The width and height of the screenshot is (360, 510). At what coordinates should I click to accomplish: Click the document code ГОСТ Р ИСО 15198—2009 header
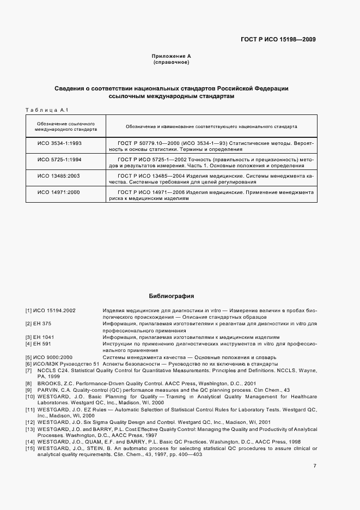coord(278,39)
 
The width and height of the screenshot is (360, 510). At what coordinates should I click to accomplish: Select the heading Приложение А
coord(171,56)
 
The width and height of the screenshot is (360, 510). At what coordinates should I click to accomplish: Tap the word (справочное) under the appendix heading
coord(171,63)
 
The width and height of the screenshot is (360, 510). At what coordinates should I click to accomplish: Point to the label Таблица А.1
coord(46,111)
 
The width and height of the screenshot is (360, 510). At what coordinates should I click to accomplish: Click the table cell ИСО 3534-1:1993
coord(59,143)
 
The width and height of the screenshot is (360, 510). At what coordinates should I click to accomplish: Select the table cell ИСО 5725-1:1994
coord(59,159)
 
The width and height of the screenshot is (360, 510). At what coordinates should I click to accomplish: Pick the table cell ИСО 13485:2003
coord(59,176)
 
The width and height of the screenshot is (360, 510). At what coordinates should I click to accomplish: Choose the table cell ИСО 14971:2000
coord(59,192)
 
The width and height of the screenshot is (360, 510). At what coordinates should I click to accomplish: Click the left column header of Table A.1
coord(66,127)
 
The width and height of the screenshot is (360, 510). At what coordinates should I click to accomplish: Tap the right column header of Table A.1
coord(211,126)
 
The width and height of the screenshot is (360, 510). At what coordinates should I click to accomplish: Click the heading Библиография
coord(171,296)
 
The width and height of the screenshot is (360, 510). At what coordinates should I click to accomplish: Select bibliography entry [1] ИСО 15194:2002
coord(50,310)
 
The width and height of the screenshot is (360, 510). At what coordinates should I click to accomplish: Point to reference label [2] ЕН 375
coord(40,324)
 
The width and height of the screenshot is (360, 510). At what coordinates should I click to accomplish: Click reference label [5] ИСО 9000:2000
coord(48,357)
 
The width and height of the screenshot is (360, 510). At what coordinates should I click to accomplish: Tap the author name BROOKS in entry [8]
coord(51,384)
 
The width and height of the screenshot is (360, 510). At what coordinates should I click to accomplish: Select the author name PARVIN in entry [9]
coord(48,390)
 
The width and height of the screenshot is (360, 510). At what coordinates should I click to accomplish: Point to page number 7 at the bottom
coord(315,466)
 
